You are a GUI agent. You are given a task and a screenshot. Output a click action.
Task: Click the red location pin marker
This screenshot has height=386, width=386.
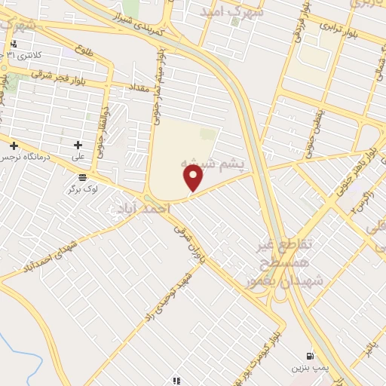pos(194,178)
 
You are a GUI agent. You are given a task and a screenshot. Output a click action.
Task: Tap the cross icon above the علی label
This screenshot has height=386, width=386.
pos(78,144)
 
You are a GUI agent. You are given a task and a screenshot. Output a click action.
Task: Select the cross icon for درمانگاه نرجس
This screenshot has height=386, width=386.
pos(14,144)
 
